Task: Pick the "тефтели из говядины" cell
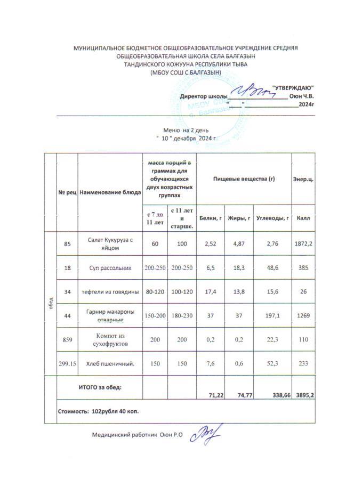(x=110, y=292)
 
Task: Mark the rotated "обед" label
(x=50, y=304)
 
